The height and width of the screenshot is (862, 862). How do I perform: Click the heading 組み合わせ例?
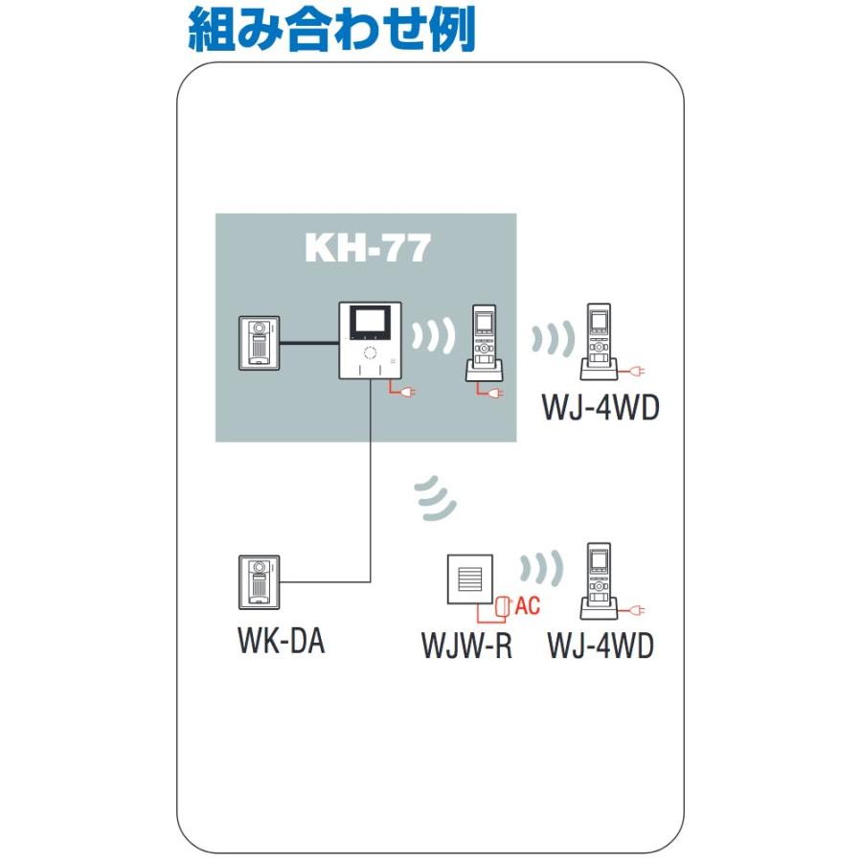331,30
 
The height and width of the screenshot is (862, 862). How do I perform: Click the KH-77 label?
367,248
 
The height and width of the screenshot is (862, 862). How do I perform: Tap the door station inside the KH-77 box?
258,342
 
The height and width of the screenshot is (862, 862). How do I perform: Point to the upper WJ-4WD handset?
600,341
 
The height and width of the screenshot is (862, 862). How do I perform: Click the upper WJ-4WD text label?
601,408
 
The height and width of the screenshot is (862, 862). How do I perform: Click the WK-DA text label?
281,641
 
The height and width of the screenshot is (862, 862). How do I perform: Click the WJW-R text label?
466,646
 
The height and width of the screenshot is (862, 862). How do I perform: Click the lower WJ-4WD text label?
601,646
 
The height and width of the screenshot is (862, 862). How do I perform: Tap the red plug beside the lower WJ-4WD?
635,610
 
